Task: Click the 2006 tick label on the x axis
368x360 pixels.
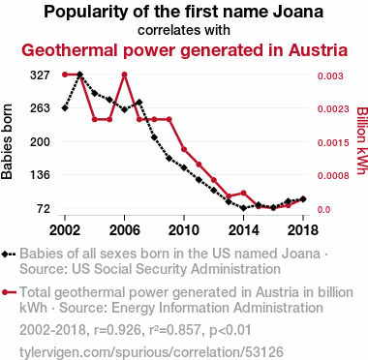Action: pyautogui.click(x=125, y=230)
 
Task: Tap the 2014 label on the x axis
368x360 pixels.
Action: pyautogui.click(x=244, y=230)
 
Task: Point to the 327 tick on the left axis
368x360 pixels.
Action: pyautogui.click(x=40, y=75)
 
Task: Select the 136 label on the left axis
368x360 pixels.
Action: pyautogui.click(x=40, y=175)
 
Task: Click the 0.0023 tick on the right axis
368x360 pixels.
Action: pyautogui.click(x=333, y=109)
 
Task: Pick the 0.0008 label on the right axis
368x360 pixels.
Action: pyautogui.click(x=333, y=176)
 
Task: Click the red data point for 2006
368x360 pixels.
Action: pyautogui.click(x=125, y=75)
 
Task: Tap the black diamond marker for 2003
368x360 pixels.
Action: pyautogui.click(x=80, y=75)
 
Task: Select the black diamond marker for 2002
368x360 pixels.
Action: pyautogui.click(x=65, y=108)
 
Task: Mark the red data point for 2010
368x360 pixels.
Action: pyautogui.click(x=184, y=149)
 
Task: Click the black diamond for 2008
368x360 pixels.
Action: pyautogui.click(x=154, y=137)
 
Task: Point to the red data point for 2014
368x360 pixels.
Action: pyautogui.click(x=244, y=193)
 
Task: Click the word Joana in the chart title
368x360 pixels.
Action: pyautogui.click(x=298, y=12)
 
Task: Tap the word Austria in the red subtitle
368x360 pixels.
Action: pyautogui.click(x=319, y=50)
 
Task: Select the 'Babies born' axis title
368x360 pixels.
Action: pyautogui.click(x=7, y=142)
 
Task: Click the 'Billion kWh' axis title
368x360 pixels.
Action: pyautogui.click(x=362, y=140)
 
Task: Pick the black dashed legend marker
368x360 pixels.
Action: pyautogui.click(x=9, y=255)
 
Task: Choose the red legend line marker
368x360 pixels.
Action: pyautogui.click(x=9, y=293)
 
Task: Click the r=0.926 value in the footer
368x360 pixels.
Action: pyautogui.click(x=117, y=330)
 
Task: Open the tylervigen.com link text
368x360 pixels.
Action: pyautogui.click(x=151, y=352)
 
